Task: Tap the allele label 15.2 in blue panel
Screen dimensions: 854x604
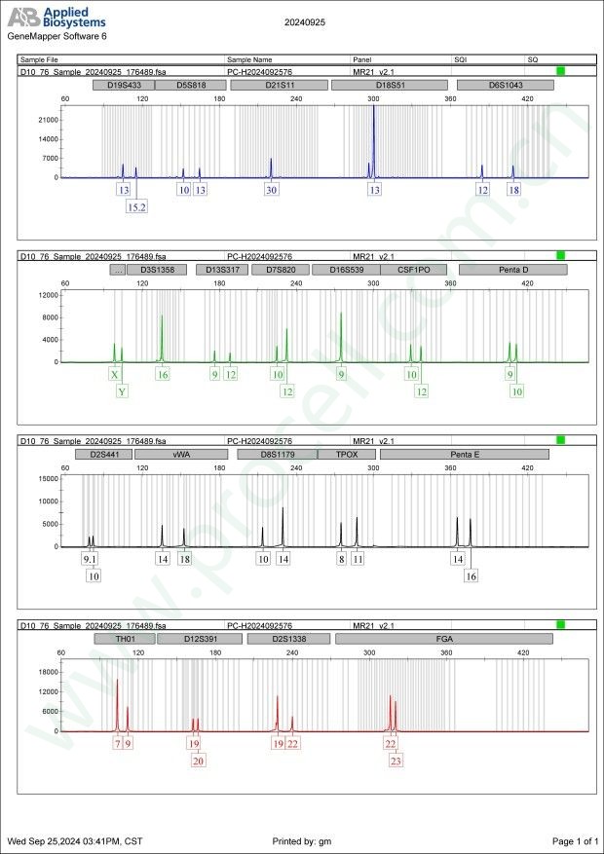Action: click(137, 206)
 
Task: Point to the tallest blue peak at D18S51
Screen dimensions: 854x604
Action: click(373, 107)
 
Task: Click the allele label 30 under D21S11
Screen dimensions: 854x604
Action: click(271, 190)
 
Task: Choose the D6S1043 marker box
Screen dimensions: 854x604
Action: click(506, 86)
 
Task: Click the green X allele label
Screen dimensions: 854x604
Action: click(115, 374)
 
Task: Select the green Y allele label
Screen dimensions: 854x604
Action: click(122, 391)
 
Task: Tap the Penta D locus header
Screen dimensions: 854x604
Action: click(506, 270)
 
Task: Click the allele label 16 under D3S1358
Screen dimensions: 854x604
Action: click(163, 374)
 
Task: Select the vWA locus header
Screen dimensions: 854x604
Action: click(181, 454)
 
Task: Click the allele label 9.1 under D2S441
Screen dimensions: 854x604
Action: click(89, 559)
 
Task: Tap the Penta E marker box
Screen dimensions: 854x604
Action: click(465, 454)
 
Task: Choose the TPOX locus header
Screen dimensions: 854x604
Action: click(346, 454)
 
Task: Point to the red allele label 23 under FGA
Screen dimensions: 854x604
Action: click(396, 761)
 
